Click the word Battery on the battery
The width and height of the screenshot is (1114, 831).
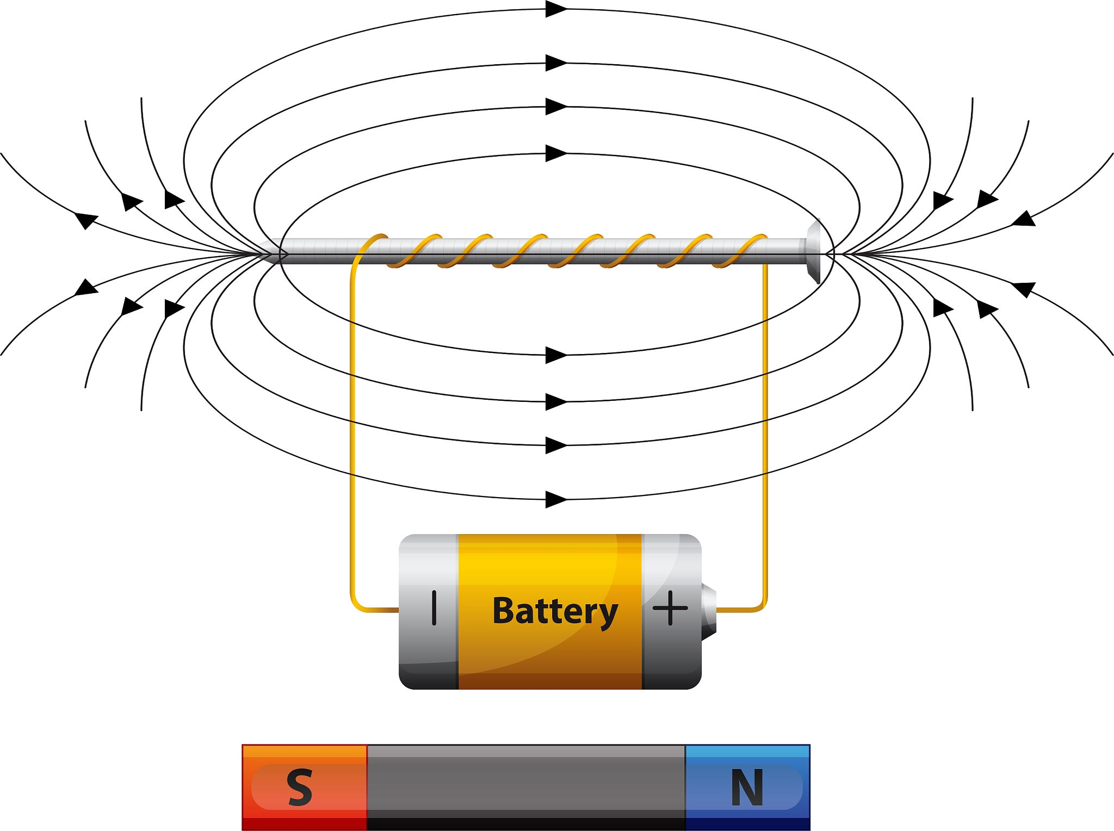tap(555, 611)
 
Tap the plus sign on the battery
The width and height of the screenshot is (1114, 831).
tap(670, 608)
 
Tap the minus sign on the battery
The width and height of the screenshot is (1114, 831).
tap(434, 608)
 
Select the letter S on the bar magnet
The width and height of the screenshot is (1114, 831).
tap(300, 787)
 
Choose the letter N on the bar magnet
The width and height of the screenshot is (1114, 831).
tap(747, 787)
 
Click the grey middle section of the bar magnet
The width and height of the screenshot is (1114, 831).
tap(525, 787)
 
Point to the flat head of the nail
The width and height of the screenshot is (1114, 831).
tap(814, 251)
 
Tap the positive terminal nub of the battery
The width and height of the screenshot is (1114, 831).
tap(709, 611)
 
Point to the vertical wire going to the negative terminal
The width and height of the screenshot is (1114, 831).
tap(352, 435)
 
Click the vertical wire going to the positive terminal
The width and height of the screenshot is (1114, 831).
tap(765, 435)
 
